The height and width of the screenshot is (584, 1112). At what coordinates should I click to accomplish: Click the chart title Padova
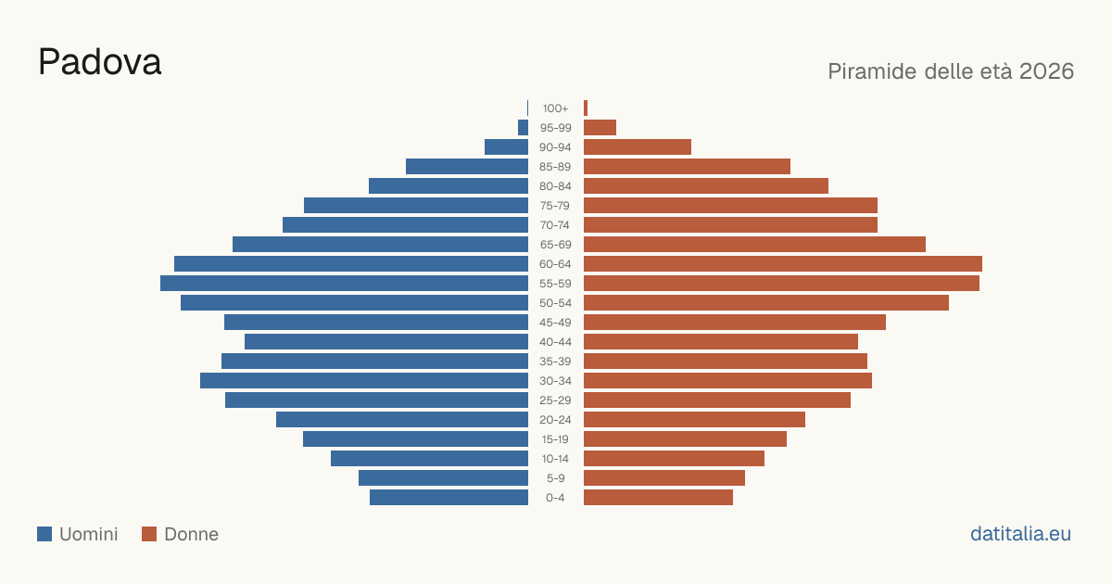point(100,62)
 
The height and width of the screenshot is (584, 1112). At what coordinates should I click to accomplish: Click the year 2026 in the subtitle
point(1046,71)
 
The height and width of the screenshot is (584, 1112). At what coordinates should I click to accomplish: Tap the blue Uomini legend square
point(44,534)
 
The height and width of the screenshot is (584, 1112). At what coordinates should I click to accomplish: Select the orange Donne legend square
point(149,534)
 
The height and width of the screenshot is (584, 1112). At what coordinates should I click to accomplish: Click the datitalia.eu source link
point(1020,534)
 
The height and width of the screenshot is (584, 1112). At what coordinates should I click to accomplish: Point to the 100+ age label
point(555,108)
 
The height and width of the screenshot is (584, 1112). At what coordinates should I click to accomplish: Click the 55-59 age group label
point(555,284)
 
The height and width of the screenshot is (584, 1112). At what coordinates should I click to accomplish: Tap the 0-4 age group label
point(555,498)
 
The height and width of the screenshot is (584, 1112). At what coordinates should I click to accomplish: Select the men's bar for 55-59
point(344,284)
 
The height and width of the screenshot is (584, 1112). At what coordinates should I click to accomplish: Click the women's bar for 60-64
point(783,263)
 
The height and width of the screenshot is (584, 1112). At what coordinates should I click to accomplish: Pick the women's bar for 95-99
point(600,128)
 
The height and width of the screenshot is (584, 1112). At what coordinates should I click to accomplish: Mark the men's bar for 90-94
point(506,147)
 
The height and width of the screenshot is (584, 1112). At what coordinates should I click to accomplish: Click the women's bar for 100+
point(586,108)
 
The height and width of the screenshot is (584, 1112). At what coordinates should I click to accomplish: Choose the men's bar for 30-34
point(364,381)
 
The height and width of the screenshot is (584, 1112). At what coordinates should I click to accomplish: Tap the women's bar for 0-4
point(658,498)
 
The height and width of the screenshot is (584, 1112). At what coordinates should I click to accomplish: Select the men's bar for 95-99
point(524,128)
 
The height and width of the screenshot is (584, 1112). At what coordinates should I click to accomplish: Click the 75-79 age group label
point(555,206)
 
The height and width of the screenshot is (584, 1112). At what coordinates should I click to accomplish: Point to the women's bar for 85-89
point(687,166)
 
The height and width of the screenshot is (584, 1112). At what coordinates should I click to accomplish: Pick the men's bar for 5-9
point(443,478)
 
